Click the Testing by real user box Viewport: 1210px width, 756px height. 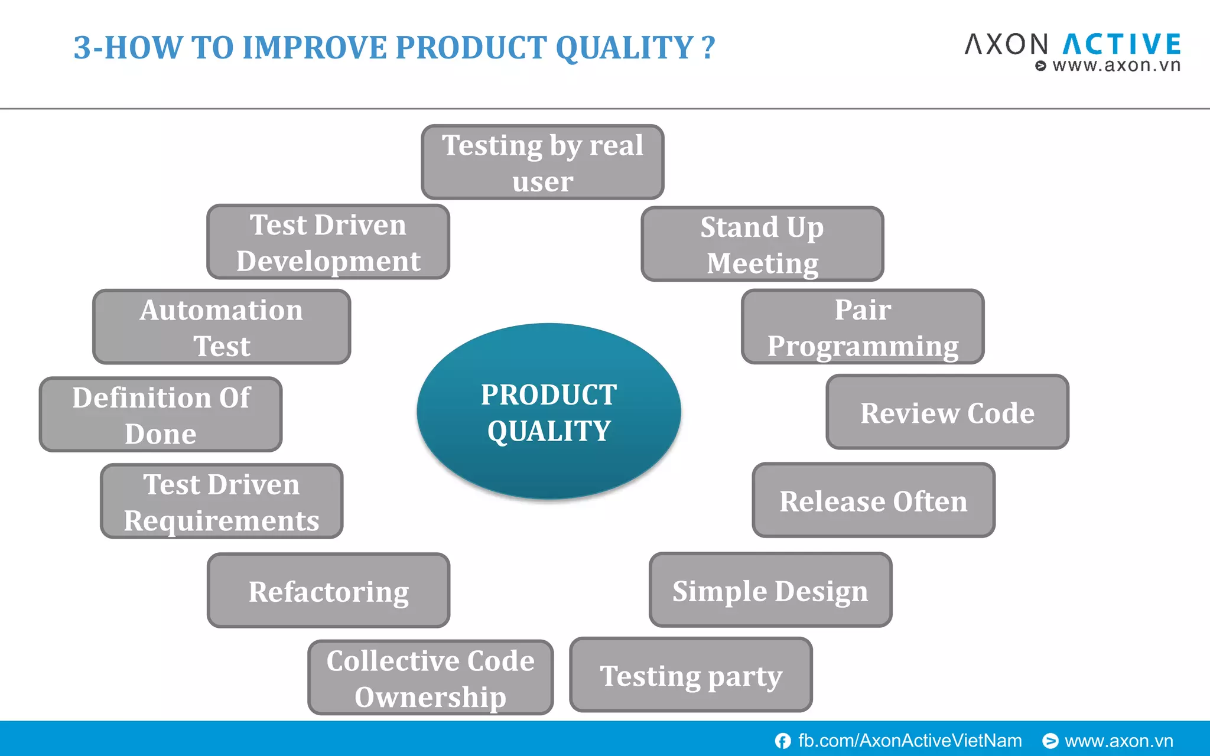click(x=542, y=162)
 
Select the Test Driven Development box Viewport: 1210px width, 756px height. click(x=328, y=242)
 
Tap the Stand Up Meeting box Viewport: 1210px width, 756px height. click(x=762, y=244)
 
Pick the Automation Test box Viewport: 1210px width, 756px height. click(x=222, y=327)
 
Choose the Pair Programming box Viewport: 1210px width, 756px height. click(x=863, y=327)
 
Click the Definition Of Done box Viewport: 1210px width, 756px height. click(x=161, y=415)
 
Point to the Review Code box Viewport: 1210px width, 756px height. click(x=947, y=412)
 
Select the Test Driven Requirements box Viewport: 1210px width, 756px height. click(x=222, y=501)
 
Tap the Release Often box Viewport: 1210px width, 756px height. click(x=873, y=500)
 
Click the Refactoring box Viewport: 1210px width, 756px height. click(x=328, y=591)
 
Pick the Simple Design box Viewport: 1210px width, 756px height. click(x=770, y=590)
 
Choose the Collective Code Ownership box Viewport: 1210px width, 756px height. click(x=430, y=677)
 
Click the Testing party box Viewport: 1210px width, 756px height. click(x=691, y=675)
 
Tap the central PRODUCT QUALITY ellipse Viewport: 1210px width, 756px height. click(x=549, y=412)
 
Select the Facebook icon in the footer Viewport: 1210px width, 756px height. click(x=783, y=741)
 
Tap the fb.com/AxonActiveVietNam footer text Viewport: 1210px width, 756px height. click(x=910, y=741)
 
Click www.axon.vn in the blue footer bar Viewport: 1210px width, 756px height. click(x=1118, y=741)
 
